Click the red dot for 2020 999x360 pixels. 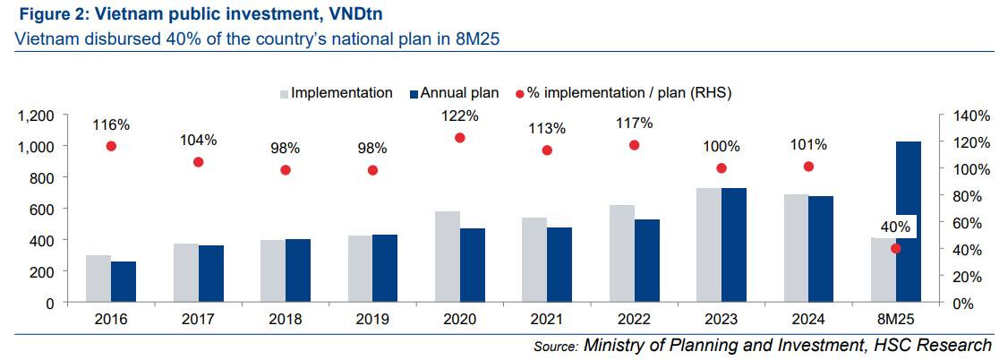coord(460,138)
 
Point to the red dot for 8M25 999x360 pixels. coord(896,248)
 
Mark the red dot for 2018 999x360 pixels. coord(286,170)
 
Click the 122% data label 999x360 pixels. coord(460,116)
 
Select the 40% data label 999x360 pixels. coord(895,227)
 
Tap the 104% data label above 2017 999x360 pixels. coord(198,140)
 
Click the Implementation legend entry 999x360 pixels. coord(337,92)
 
